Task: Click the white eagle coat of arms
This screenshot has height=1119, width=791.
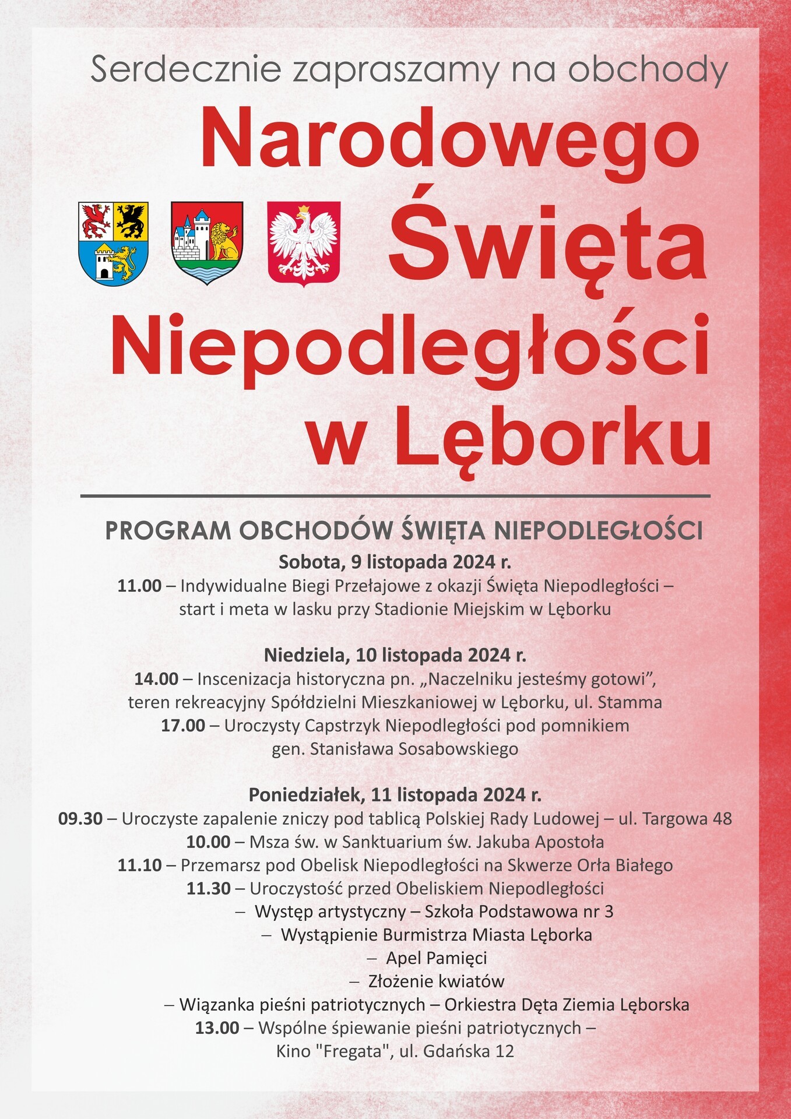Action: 303,242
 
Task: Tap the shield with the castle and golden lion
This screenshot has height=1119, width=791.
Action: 207,242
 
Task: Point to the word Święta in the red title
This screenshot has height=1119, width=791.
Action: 547,244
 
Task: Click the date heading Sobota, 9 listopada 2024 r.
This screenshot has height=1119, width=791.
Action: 395,562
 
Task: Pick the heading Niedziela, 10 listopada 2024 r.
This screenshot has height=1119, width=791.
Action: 395,655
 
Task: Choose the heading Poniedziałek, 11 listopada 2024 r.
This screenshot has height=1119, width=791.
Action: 395,795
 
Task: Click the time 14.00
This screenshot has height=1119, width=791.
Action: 156,679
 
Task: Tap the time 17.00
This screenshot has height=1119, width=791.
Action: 183,726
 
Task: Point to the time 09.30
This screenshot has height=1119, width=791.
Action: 80,819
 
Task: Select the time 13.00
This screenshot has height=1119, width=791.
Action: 217,1028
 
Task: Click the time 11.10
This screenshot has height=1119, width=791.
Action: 139,865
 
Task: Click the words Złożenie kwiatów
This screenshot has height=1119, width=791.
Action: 436,981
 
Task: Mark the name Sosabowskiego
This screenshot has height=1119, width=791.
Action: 459,749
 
